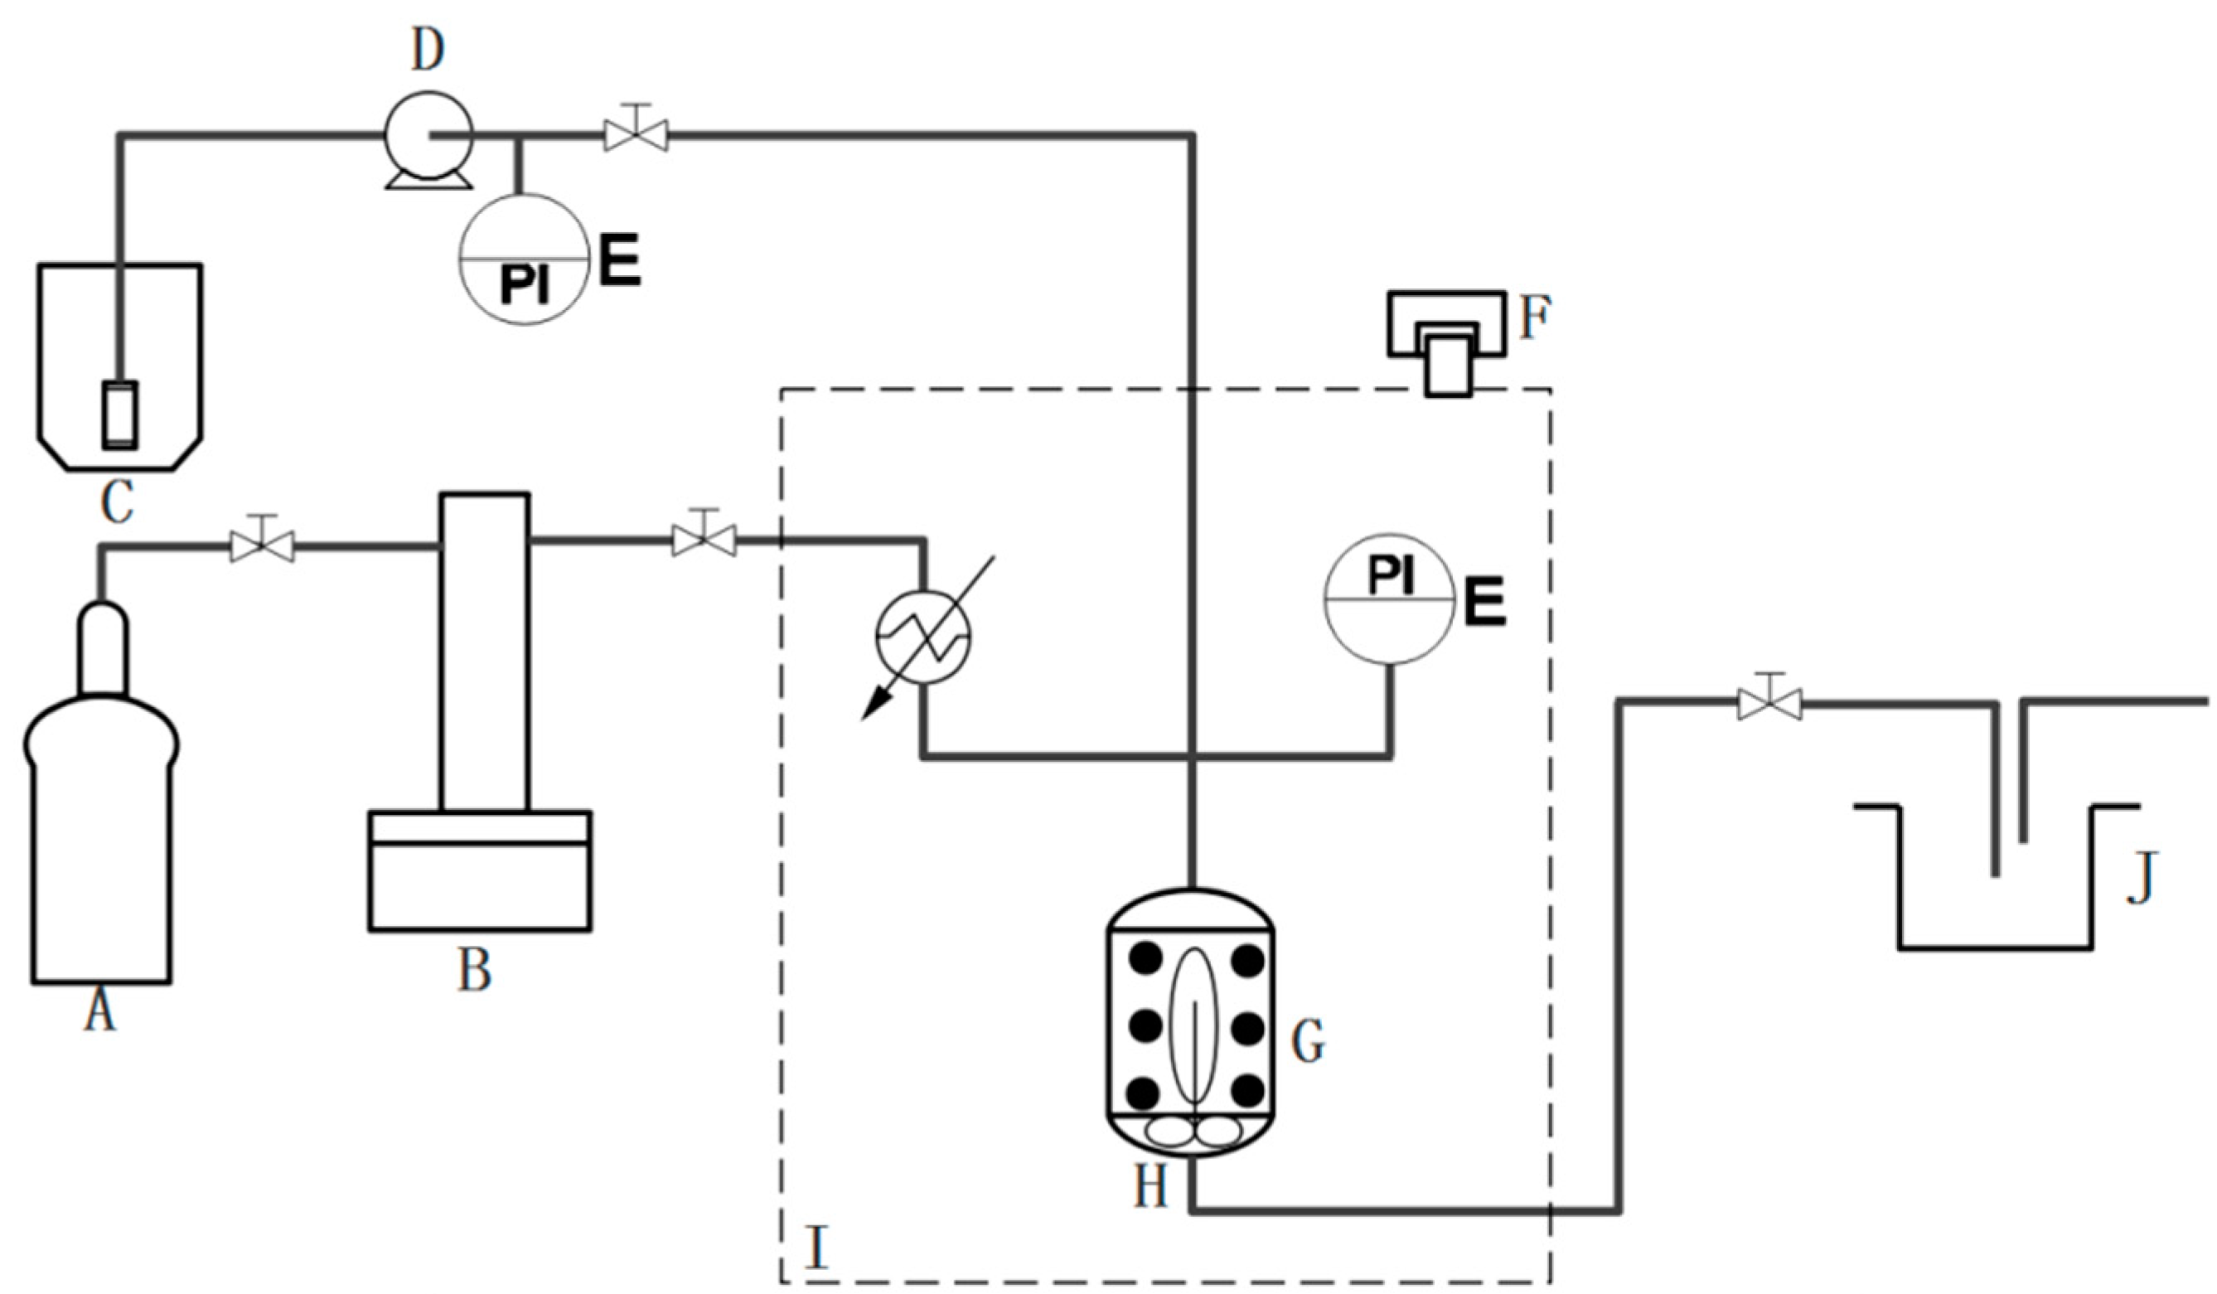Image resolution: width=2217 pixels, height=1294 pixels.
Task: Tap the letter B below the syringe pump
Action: [x=474, y=972]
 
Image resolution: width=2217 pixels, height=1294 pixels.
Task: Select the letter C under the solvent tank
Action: [x=118, y=503]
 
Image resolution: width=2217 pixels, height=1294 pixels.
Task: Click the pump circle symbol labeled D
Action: [x=428, y=135]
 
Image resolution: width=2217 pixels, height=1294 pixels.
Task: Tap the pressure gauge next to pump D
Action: [x=525, y=259]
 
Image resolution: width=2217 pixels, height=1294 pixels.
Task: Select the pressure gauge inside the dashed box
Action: [x=1390, y=599]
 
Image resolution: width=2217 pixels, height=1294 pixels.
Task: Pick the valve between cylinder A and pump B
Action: [x=261, y=546]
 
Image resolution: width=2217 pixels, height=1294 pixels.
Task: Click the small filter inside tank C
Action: [x=119, y=415]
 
